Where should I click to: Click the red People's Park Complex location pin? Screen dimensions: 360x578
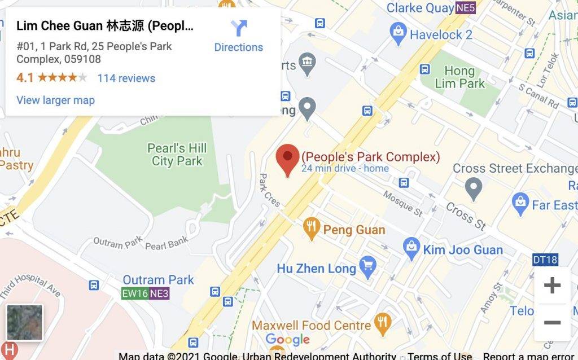287,159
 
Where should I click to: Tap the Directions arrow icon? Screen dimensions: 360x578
239,28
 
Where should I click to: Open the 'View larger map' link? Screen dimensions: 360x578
55,100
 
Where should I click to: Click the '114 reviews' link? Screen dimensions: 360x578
126,78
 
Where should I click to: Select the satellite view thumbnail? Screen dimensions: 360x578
24,322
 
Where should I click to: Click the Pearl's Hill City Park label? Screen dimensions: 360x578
177,155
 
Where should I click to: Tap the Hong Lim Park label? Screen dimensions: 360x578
459,77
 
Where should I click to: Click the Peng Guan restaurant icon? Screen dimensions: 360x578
311,229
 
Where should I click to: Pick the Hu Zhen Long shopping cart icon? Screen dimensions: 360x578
367,266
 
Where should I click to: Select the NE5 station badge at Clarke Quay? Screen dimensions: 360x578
466,8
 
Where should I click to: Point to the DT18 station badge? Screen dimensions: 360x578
545,260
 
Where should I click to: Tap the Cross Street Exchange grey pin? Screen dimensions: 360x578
474,186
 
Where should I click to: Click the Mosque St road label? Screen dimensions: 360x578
403,203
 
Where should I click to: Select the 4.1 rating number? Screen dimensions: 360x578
25,78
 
